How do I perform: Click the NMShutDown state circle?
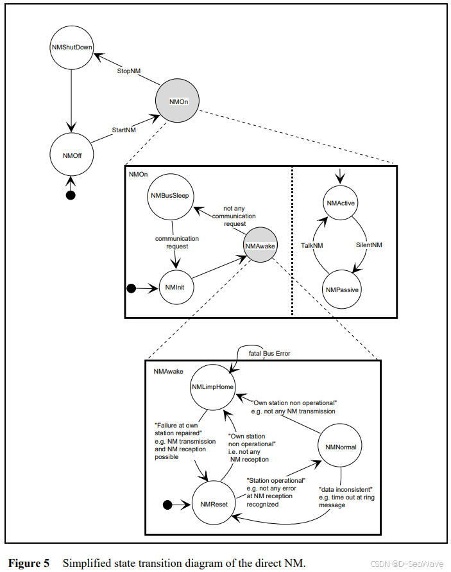coord(71,47)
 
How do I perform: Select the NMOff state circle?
coord(71,154)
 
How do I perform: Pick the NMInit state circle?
coord(175,288)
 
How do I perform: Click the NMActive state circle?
coord(341,204)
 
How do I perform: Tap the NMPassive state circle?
coord(341,290)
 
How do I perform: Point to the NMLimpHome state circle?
coord(212,387)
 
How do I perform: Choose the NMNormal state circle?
coord(341,447)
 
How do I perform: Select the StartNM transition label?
coord(124,130)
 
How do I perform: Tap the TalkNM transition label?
coord(312,246)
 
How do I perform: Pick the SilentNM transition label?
coord(369,246)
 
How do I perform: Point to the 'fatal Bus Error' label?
coord(269,353)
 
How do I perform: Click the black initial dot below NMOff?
coord(71,195)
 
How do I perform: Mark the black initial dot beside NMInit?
coord(132,288)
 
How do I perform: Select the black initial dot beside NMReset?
coord(168,505)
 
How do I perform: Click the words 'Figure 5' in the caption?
coord(30,564)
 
